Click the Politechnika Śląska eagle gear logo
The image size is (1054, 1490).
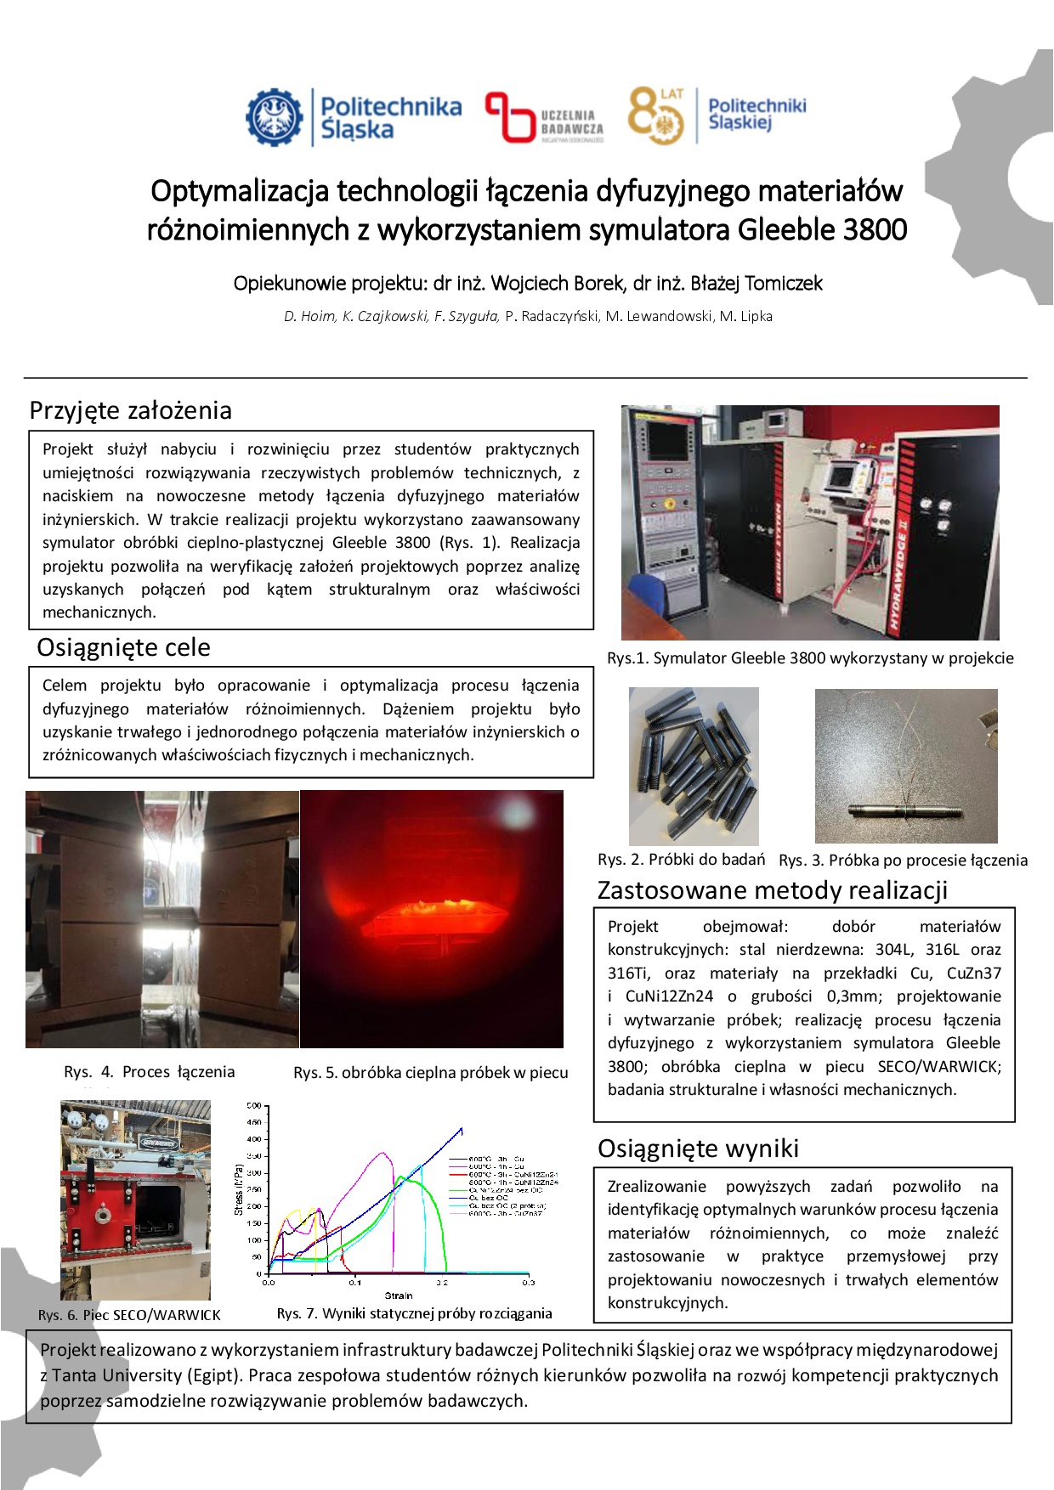point(275,116)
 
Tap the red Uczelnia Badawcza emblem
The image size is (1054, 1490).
point(508,117)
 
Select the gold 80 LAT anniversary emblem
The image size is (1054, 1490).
point(655,116)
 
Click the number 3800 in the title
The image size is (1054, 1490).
point(875,229)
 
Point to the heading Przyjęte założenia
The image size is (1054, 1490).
point(130,410)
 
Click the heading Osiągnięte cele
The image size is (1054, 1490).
point(123,647)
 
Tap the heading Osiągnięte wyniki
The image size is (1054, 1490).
point(698,1149)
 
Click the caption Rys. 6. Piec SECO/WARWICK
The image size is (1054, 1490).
point(129,1315)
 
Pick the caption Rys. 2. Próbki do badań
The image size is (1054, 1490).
point(681,859)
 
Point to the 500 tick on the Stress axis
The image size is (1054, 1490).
point(253,1106)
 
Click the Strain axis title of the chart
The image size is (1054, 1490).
point(398,1295)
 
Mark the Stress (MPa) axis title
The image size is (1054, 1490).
point(239,1188)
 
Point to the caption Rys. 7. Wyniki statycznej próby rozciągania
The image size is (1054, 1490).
point(414,1313)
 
